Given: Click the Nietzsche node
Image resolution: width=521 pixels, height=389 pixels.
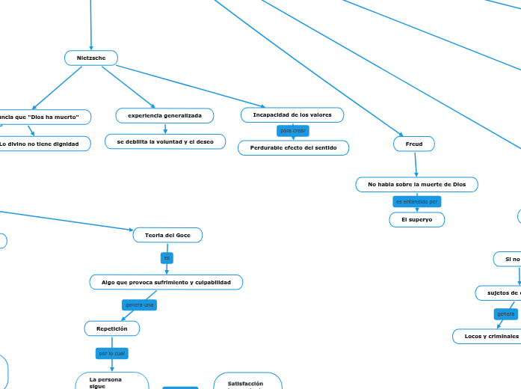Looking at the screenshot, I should (x=91, y=58).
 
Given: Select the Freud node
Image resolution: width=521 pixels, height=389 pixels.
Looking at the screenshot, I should (x=413, y=144).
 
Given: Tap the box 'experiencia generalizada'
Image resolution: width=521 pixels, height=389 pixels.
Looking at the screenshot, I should (x=164, y=115).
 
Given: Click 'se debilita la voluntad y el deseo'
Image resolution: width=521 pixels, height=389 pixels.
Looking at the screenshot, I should (x=165, y=141).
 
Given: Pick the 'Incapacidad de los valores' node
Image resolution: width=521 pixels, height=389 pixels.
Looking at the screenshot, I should (x=292, y=114).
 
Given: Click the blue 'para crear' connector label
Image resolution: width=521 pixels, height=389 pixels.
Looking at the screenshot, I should (x=292, y=131).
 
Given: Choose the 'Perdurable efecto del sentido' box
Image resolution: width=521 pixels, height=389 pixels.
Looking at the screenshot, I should (x=293, y=148).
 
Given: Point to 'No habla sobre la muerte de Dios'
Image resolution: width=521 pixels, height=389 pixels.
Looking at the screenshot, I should (x=416, y=184).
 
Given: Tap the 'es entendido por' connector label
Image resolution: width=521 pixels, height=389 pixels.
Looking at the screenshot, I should (x=417, y=202).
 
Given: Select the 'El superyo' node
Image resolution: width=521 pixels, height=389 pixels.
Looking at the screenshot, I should (x=416, y=220).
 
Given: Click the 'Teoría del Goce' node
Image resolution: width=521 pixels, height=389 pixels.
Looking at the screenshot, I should (x=167, y=236).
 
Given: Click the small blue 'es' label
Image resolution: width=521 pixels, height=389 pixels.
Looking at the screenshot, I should (x=167, y=258).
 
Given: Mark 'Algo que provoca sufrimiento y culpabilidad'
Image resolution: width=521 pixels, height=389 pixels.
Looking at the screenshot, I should (x=166, y=282).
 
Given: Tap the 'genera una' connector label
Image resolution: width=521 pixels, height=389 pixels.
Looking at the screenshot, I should (x=139, y=305).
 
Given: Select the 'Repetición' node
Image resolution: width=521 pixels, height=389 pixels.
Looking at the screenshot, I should (x=111, y=328).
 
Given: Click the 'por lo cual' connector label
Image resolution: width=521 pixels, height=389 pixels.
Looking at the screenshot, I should (x=111, y=353).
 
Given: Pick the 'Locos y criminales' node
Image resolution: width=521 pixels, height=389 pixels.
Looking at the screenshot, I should (x=490, y=337).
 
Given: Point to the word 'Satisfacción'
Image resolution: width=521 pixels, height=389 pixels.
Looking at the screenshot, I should (x=245, y=363).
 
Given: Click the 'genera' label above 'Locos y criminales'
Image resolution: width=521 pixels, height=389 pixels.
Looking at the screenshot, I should (x=506, y=314).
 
